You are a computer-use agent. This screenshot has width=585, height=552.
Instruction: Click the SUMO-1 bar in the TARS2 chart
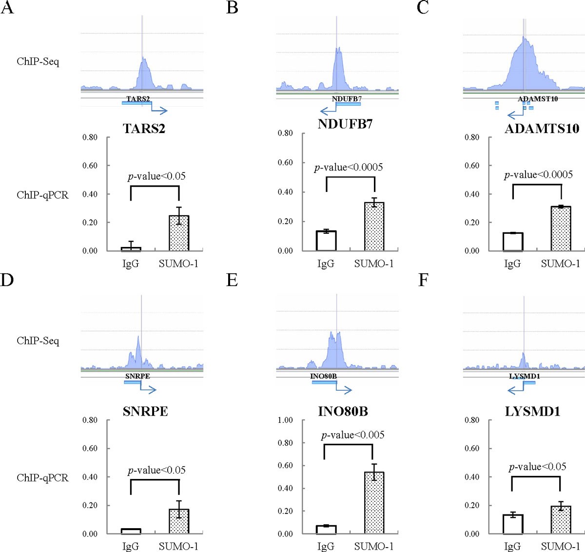[x=179, y=233]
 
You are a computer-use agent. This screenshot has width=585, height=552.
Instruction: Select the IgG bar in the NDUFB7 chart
[x=326, y=241]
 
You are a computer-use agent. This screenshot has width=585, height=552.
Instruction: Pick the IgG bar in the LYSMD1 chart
[x=512, y=524]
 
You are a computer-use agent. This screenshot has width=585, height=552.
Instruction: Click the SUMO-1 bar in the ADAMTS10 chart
[x=561, y=229]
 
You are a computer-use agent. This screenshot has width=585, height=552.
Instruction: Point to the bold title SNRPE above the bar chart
[x=145, y=411]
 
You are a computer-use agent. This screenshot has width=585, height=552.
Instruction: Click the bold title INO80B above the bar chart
[x=343, y=411]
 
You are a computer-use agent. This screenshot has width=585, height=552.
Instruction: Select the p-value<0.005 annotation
[x=352, y=435]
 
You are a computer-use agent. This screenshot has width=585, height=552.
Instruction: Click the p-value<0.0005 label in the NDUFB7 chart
[x=349, y=168]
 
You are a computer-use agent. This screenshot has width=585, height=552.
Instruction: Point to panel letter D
[x=7, y=281]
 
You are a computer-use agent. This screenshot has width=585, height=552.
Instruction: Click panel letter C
[x=423, y=8]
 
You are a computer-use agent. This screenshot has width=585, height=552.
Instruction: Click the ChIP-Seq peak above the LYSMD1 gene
[x=523, y=361]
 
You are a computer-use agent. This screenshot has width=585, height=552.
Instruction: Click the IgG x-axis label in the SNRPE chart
[x=131, y=546]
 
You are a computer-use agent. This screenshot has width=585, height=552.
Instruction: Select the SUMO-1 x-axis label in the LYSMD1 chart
[x=561, y=546]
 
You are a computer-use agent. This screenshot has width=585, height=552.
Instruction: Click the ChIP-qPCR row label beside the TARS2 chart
[x=42, y=195]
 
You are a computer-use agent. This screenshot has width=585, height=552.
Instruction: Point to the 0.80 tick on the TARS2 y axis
[x=90, y=137]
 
